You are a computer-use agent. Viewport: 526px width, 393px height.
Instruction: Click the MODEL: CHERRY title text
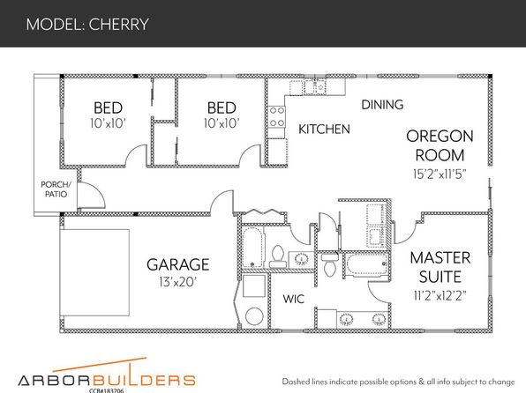pos(87,25)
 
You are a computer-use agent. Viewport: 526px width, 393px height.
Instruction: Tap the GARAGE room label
pos(178,264)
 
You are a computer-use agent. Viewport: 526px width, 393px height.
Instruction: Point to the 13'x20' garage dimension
pos(177,282)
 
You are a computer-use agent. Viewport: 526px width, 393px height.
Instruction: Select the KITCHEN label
pos(324,130)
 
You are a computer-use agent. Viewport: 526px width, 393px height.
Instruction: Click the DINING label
pos(382,105)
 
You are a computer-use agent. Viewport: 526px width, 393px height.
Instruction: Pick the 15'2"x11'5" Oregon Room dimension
pos(440,174)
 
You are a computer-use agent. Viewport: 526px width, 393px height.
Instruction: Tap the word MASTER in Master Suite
pos(440,258)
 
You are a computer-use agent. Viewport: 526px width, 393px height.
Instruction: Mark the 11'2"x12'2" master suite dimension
pos(440,296)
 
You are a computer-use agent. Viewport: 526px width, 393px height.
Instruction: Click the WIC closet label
pos(294,299)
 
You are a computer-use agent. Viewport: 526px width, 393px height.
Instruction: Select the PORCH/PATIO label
pos(56,189)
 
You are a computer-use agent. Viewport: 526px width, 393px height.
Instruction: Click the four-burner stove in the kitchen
pos(277,117)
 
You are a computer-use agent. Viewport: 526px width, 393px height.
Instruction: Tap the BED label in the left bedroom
pos(108,108)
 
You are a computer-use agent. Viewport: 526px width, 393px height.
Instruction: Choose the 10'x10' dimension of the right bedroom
pos(222,123)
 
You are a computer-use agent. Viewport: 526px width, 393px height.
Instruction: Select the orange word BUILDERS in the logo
pos(144,381)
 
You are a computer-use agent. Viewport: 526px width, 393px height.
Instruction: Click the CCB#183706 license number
pos(106,390)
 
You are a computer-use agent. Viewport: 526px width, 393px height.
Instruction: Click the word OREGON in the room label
pos(440,137)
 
